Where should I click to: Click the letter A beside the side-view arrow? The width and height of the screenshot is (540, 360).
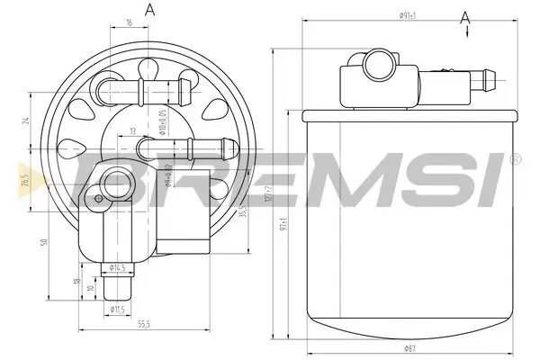(x=464, y=17)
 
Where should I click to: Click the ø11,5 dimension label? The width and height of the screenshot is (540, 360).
(x=117, y=310)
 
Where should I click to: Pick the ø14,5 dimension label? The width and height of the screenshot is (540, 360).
(x=117, y=267)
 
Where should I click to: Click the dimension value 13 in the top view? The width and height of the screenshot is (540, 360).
(x=132, y=131)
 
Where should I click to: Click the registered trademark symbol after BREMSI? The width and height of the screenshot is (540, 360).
(x=514, y=159)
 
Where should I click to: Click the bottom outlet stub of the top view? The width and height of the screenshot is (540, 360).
(x=116, y=288)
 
